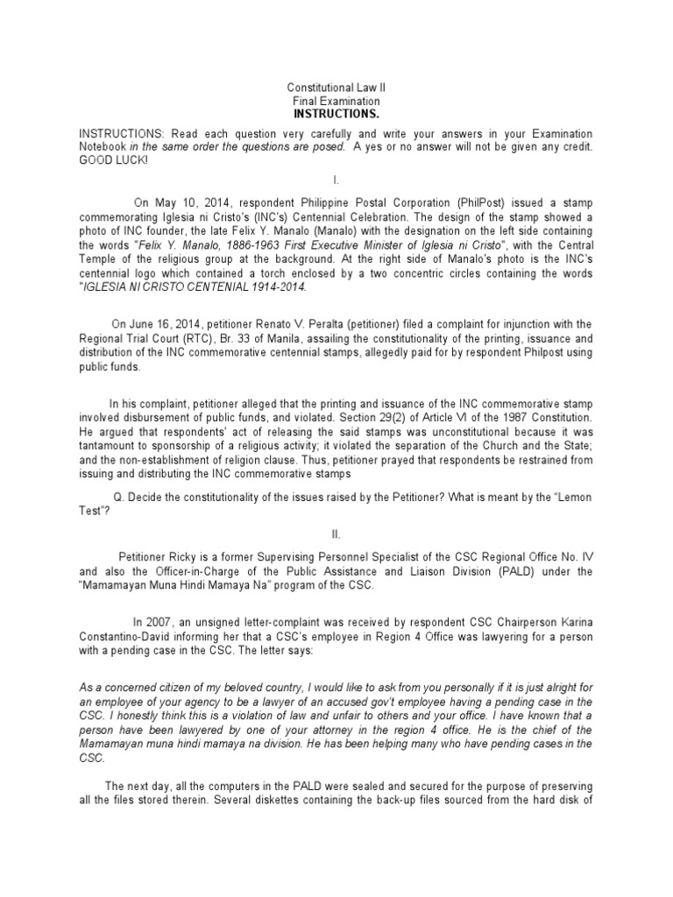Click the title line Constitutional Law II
[x=336, y=88]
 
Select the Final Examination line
[x=336, y=102]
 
